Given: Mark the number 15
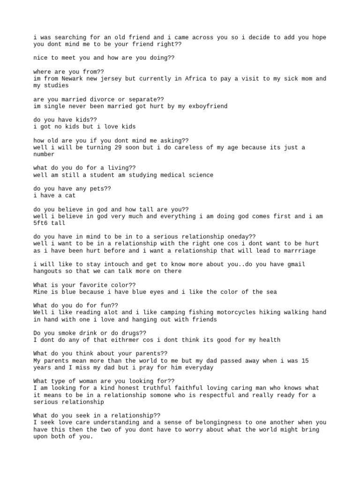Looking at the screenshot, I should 319,360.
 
